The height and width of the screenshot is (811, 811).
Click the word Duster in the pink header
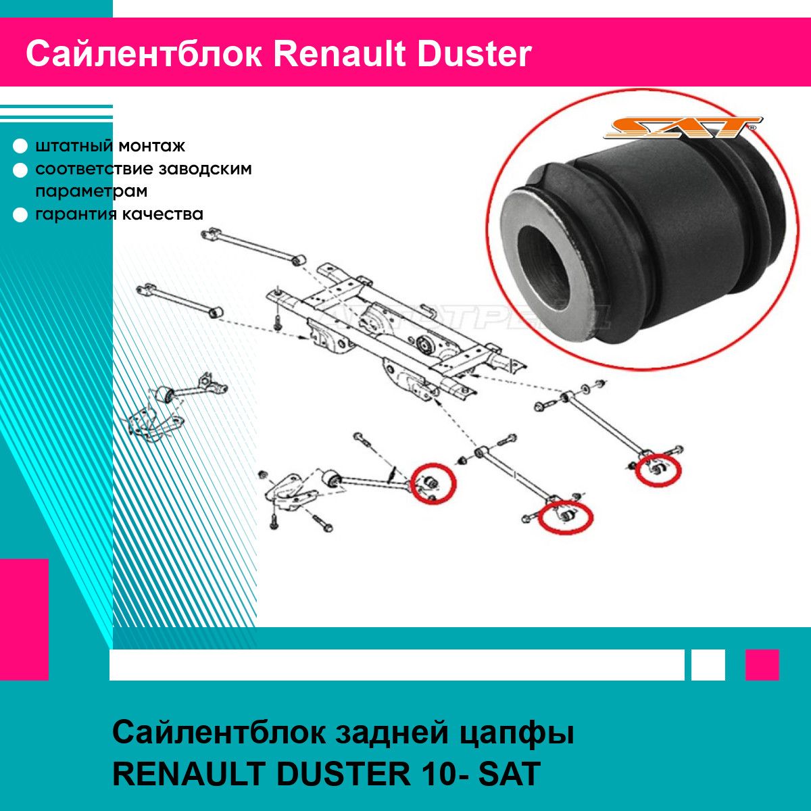tap(474, 54)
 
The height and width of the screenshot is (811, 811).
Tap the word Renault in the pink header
tap(340, 54)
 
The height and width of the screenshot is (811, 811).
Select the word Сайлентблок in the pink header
tap(144, 54)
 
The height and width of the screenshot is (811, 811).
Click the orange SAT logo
tap(682, 127)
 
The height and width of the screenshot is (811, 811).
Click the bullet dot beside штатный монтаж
tap(20, 146)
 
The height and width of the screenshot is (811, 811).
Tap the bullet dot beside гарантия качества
tap(20, 215)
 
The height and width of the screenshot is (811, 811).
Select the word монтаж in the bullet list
tap(152, 146)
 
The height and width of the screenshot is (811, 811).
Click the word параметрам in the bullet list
tap(91, 191)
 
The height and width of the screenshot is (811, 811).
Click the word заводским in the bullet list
tap(205, 169)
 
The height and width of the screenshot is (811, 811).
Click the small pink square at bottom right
tap(762, 665)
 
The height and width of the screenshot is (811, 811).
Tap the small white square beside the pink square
tap(708, 665)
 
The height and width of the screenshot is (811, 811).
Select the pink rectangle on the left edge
tap(24, 620)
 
